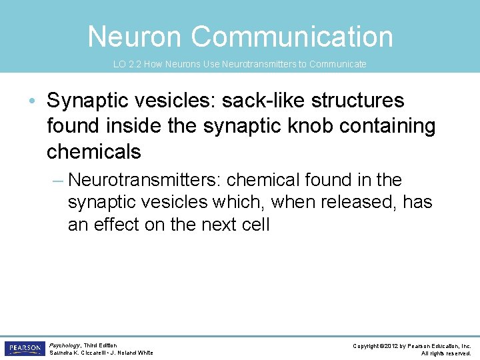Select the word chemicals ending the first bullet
pyautogui.click(x=94, y=151)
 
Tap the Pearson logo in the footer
pyautogui.click(x=24, y=348)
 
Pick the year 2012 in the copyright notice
pyautogui.click(x=393, y=346)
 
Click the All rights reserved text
pyautogui.click(x=446, y=353)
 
